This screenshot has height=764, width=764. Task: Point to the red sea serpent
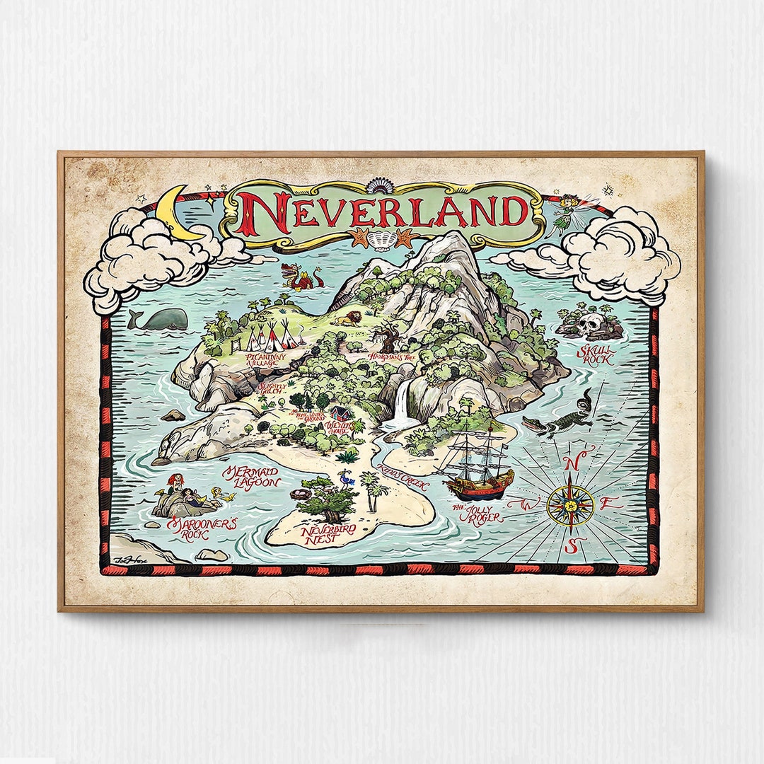pyautogui.click(x=301, y=278)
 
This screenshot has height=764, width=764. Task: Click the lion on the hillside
pyautogui.click(x=346, y=319)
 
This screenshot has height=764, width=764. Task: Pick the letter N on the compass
pyautogui.click(x=573, y=462)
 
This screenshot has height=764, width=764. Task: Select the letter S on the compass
pyautogui.click(x=574, y=545)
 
